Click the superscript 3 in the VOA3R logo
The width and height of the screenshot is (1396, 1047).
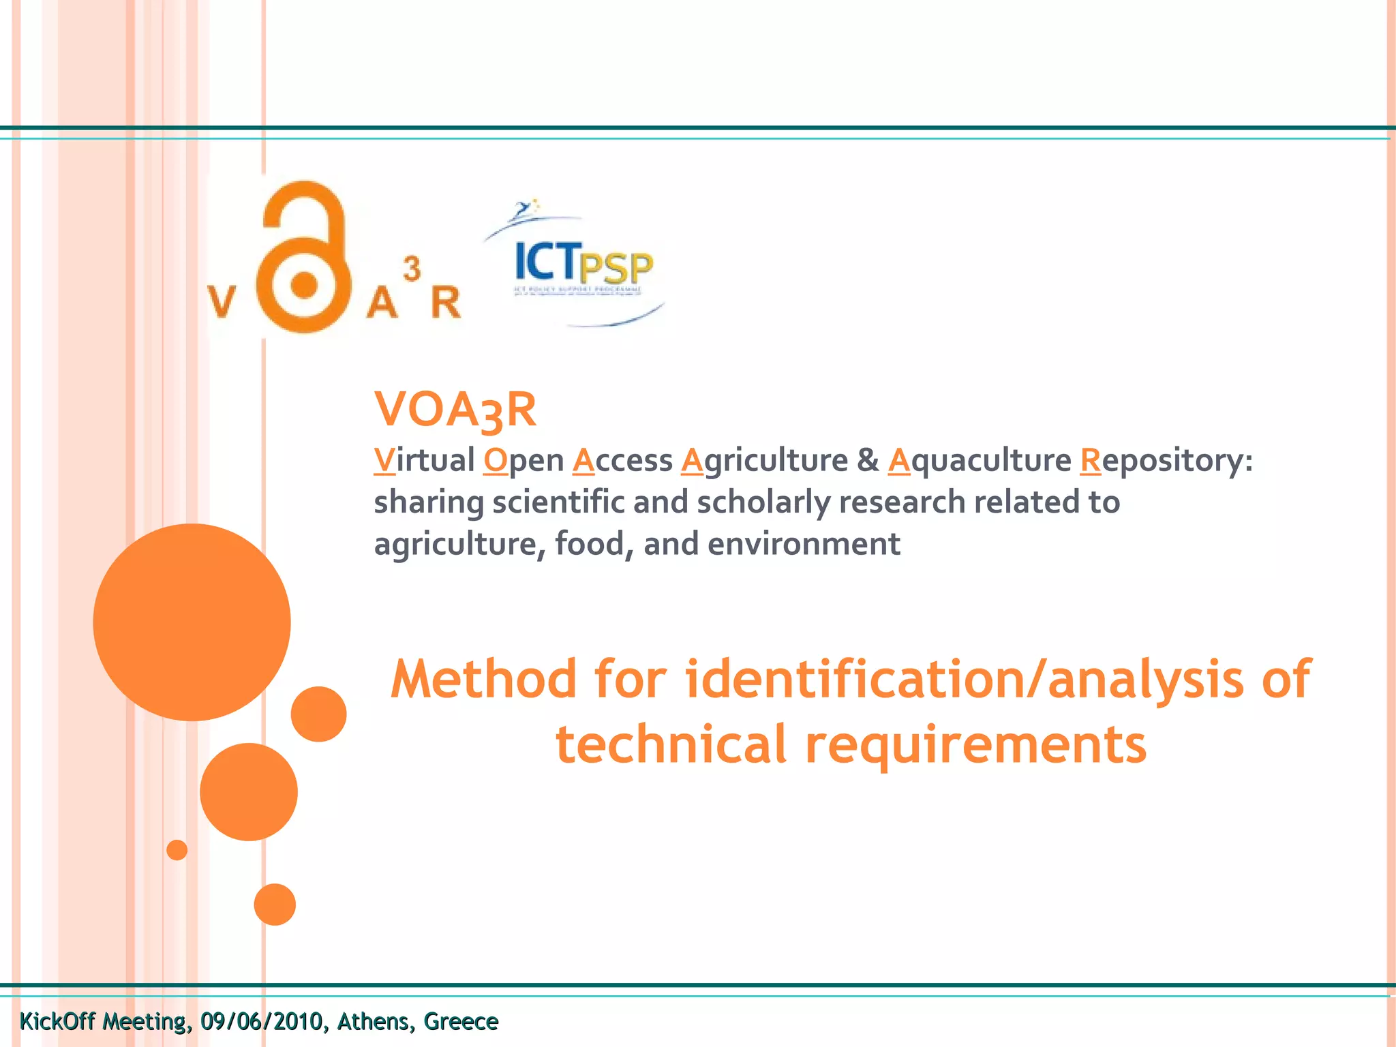point(411,269)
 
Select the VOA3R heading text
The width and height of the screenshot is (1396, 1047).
point(455,410)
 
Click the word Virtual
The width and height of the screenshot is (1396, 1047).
point(424,460)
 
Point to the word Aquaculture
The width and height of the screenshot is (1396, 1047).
point(980,460)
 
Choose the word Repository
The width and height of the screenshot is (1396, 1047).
point(1165,460)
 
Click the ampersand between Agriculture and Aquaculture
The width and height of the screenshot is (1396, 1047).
point(868,460)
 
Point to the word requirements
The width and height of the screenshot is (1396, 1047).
point(975,744)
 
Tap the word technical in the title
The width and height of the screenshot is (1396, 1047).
point(671,744)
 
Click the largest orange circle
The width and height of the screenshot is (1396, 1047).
point(192,622)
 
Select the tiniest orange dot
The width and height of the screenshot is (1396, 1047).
point(177,850)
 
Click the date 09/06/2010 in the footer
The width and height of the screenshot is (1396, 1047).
point(261,1022)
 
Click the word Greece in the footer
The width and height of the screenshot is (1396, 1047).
point(461,1022)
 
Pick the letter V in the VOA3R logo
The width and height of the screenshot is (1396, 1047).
point(221,302)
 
